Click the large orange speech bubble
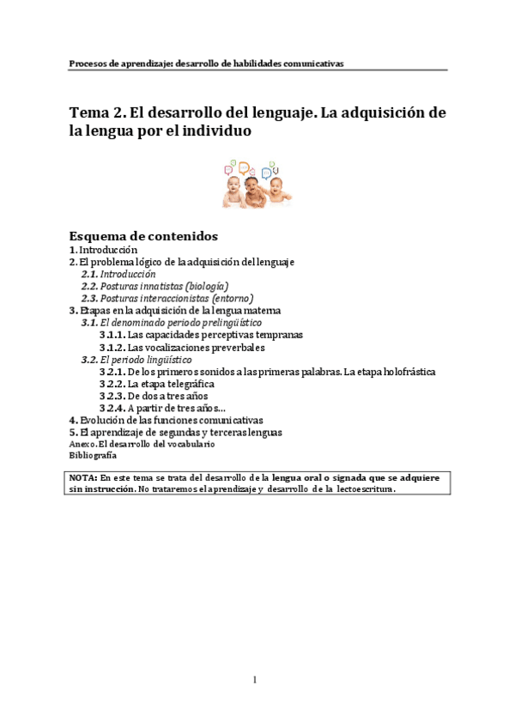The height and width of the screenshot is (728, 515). [245, 167]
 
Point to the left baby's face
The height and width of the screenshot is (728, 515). [232, 185]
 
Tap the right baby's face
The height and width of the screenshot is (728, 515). [276, 183]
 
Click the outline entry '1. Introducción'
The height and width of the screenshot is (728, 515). [103, 249]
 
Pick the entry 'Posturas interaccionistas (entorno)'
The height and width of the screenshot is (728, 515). [176, 297]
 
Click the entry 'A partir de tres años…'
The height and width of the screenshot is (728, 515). [177, 408]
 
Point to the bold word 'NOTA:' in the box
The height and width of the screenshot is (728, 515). [83, 476]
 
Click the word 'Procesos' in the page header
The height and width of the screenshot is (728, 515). [88, 63]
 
